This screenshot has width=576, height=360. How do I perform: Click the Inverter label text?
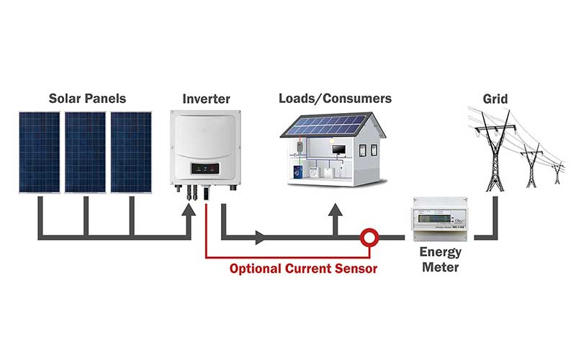tap(207, 98)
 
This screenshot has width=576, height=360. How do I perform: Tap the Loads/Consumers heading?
tap(335, 98)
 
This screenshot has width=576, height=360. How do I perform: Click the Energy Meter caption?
tap(439, 261)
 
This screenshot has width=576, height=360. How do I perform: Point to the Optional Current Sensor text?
tap(303, 269)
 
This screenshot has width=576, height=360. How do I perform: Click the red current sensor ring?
tap(370, 235)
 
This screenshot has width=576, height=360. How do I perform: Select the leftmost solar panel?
tap(40, 151)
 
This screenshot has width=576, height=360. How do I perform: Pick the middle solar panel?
tap(85, 151)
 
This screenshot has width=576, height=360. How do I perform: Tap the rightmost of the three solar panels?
tap(130, 151)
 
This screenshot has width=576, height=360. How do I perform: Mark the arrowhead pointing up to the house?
tap(334, 212)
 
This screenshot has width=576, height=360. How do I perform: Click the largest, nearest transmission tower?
tap(494, 148)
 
